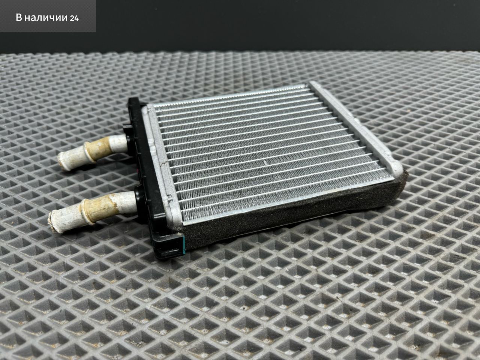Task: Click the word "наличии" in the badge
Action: (x=45, y=18)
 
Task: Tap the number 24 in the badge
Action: (x=74, y=18)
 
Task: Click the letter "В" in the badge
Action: (x=19, y=18)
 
